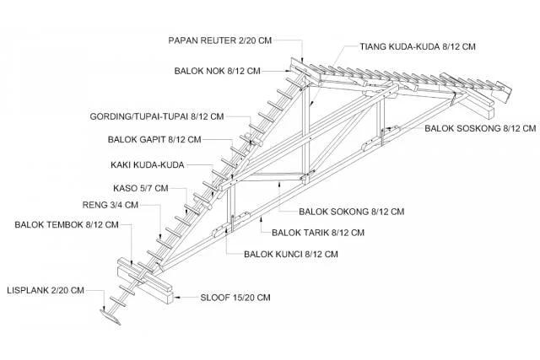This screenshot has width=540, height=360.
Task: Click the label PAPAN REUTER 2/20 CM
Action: pos(222,39)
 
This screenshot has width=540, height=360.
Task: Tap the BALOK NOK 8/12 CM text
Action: pos(217,70)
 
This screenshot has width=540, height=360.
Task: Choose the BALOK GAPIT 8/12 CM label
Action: pos(155,139)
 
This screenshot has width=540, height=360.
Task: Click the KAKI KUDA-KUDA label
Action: pos(148,164)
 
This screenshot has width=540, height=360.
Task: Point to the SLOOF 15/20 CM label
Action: pos(235,297)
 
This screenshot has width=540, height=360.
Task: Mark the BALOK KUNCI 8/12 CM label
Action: pos(291,253)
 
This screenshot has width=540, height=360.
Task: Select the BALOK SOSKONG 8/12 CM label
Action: pos(479,128)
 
